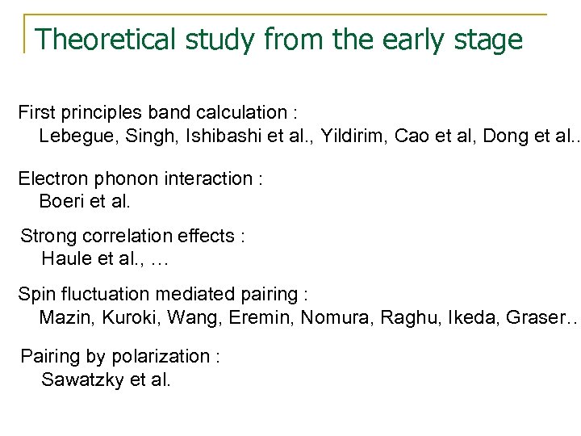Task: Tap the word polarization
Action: [x=171, y=355]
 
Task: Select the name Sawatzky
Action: [x=82, y=379]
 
